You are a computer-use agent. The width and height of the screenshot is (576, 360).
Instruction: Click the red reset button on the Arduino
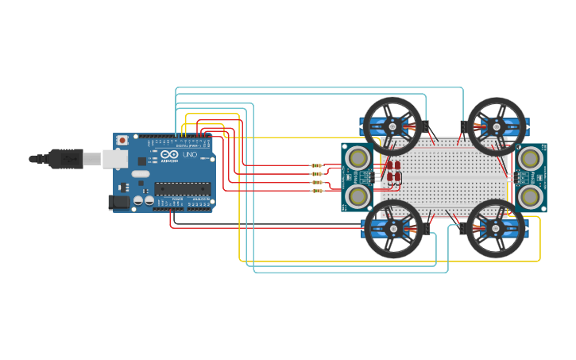point(122,140)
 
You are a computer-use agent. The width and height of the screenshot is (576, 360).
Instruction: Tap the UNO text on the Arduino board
point(190,155)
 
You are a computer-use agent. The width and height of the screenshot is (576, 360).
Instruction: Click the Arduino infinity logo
point(169,155)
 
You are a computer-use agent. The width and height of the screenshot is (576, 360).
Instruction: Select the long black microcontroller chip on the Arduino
point(182,188)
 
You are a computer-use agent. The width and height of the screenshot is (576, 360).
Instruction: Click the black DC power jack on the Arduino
point(118,203)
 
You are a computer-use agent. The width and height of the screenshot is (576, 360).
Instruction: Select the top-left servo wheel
point(392,126)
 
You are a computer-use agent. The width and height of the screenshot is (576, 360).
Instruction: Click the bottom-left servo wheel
point(392,229)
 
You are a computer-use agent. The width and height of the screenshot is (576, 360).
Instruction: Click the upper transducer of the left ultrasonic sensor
point(359,157)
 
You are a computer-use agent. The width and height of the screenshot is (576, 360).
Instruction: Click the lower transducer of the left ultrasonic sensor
point(359,195)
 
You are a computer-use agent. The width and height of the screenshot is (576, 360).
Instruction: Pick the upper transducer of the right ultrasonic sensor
point(528,157)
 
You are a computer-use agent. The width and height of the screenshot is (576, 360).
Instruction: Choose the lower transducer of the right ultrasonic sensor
point(528,195)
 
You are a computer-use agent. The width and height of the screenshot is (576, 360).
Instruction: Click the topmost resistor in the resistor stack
point(317,165)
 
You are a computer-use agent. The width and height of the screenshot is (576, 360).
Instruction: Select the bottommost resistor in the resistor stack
point(317,191)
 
